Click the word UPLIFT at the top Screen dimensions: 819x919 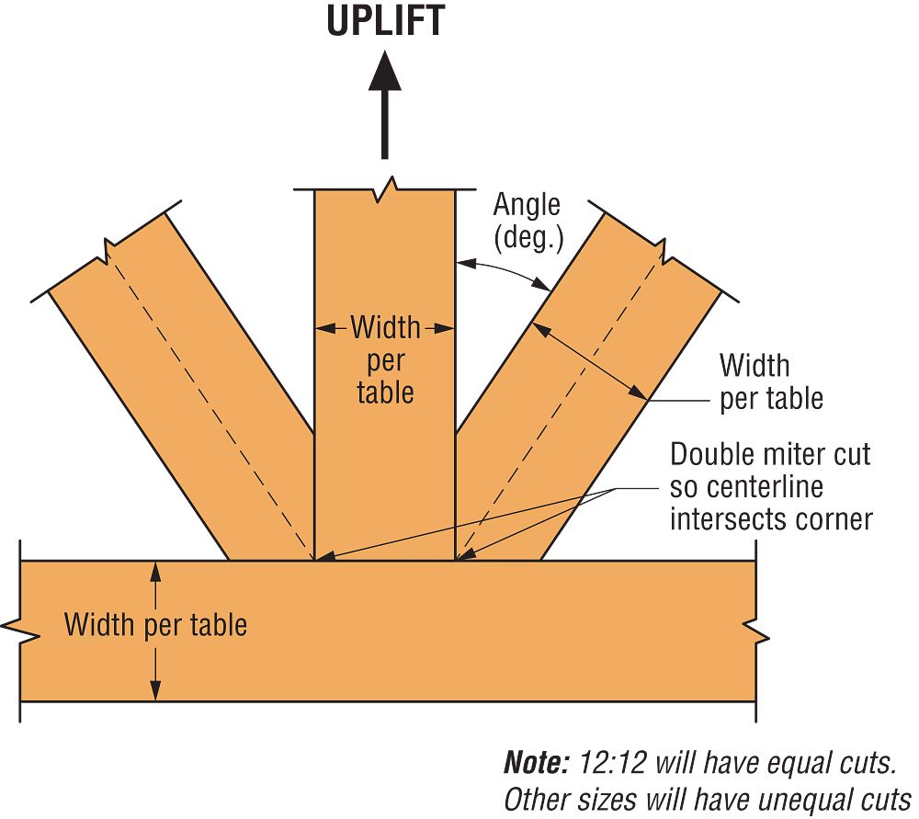[385, 20]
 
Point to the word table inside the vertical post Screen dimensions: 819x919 [385, 392]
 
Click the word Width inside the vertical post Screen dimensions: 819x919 [385, 327]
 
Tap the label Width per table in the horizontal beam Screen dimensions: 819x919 [155, 625]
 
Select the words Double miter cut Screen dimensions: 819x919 [770, 454]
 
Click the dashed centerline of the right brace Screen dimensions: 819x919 [561, 404]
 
